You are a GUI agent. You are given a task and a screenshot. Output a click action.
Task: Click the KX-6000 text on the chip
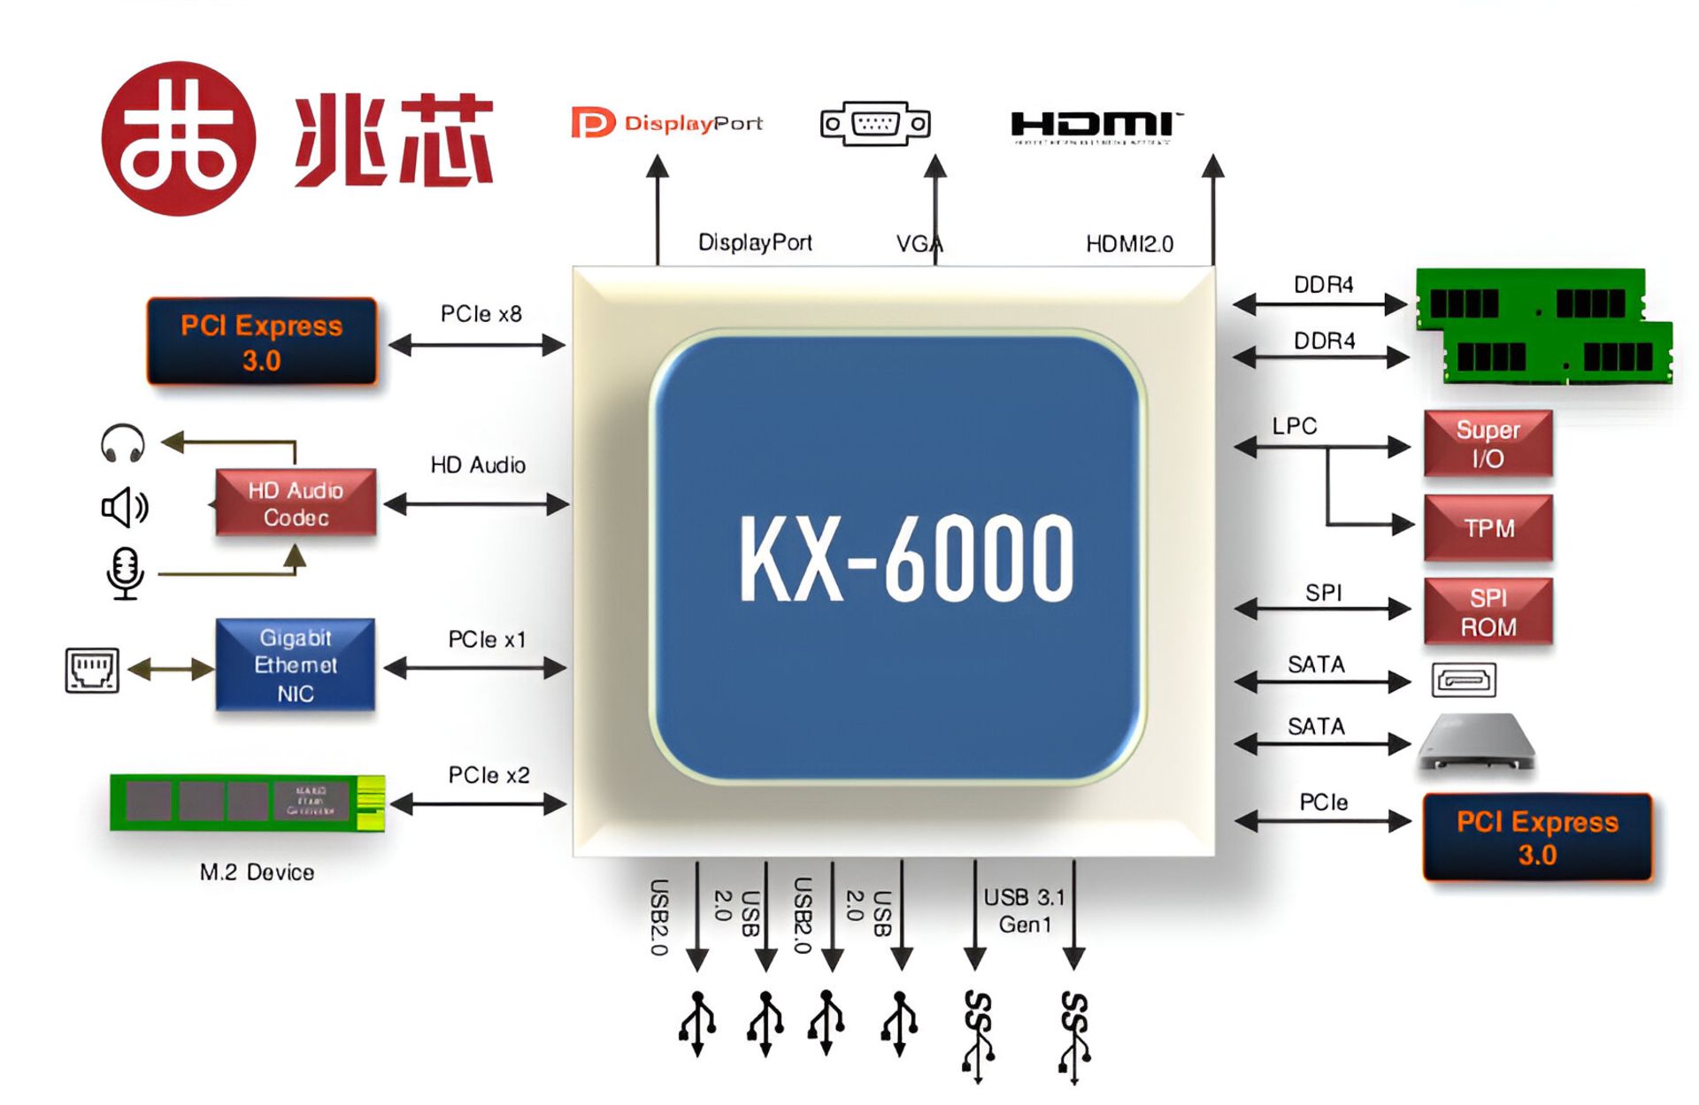[906, 560]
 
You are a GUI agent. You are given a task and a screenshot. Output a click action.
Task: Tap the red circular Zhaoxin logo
[178, 138]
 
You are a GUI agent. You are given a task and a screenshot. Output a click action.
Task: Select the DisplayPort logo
[666, 123]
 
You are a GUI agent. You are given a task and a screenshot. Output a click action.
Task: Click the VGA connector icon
[875, 124]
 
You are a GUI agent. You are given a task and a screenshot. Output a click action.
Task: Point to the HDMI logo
[1095, 127]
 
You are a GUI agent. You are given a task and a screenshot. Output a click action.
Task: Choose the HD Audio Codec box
[296, 503]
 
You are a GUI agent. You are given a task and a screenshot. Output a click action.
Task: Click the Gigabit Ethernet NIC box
[296, 664]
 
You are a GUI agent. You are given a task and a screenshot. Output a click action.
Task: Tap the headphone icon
[123, 443]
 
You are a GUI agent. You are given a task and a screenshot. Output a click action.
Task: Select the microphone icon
[125, 572]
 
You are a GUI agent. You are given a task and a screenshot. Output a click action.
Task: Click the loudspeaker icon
[124, 508]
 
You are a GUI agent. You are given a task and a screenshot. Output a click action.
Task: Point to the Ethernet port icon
[92, 670]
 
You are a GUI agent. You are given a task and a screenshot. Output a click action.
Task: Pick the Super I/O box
[1488, 444]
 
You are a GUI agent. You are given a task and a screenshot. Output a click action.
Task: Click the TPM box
[1488, 528]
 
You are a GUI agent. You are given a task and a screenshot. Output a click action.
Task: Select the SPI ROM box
[1488, 612]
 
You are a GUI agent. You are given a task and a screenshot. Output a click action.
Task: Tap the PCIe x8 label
[481, 314]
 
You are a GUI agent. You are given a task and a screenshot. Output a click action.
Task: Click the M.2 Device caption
[257, 872]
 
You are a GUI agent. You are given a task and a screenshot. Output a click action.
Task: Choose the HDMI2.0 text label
[1129, 244]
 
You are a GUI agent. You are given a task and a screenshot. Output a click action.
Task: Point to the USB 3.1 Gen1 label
[1024, 910]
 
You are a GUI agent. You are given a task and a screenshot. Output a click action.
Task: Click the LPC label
[1295, 426]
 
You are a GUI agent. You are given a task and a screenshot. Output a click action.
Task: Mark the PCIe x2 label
[488, 776]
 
